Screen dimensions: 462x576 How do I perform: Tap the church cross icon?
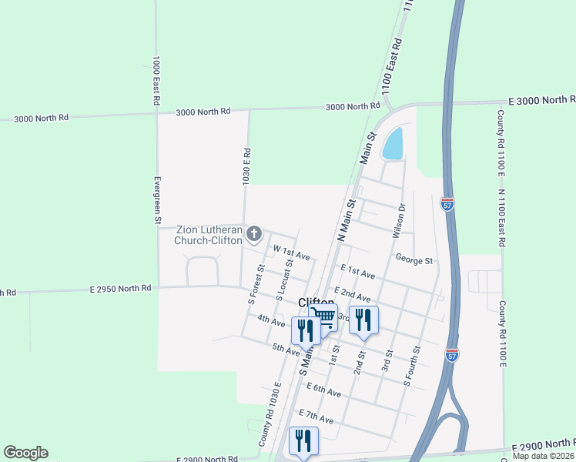click(x=255, y=233)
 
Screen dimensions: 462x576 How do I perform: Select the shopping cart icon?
click(x=324, y=316)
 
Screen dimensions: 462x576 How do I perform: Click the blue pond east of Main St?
click(x=393, y=144)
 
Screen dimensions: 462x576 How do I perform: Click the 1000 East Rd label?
click(x=156, y=80)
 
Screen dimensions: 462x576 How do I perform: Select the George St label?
click(x=414, y=260)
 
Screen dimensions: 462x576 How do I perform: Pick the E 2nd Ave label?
click(x=353, y=293)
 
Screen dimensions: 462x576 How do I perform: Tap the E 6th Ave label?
click(x=323, y=390)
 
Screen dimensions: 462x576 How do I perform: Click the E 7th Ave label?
click(x=316, y=417)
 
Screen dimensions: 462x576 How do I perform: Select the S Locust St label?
click(x=284, y=280)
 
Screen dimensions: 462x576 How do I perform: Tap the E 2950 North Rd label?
click(x=120, y=288)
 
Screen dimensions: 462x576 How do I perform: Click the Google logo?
click(x=25, y=452)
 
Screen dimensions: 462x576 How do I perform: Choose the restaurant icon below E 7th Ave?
click(x=303, y=440)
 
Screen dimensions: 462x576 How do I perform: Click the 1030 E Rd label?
click(x=247, y=166)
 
